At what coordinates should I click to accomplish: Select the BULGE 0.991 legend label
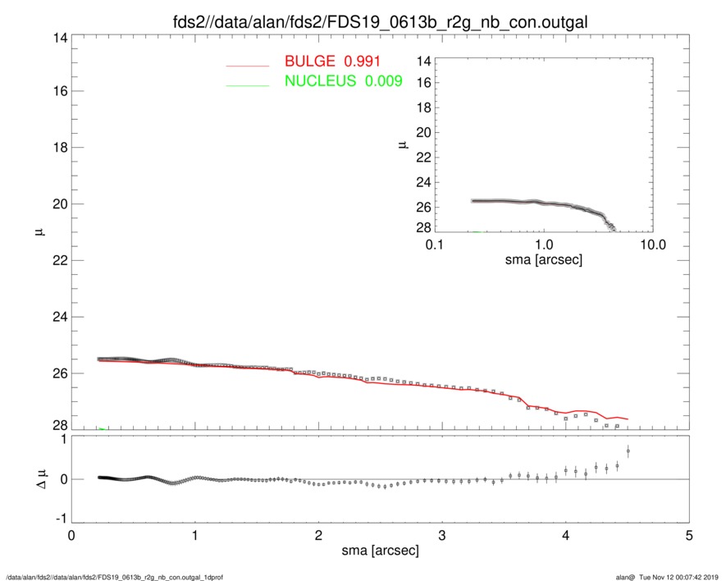332,62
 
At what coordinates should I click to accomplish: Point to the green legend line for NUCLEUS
248,85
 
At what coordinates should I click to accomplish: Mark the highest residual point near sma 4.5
628,451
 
